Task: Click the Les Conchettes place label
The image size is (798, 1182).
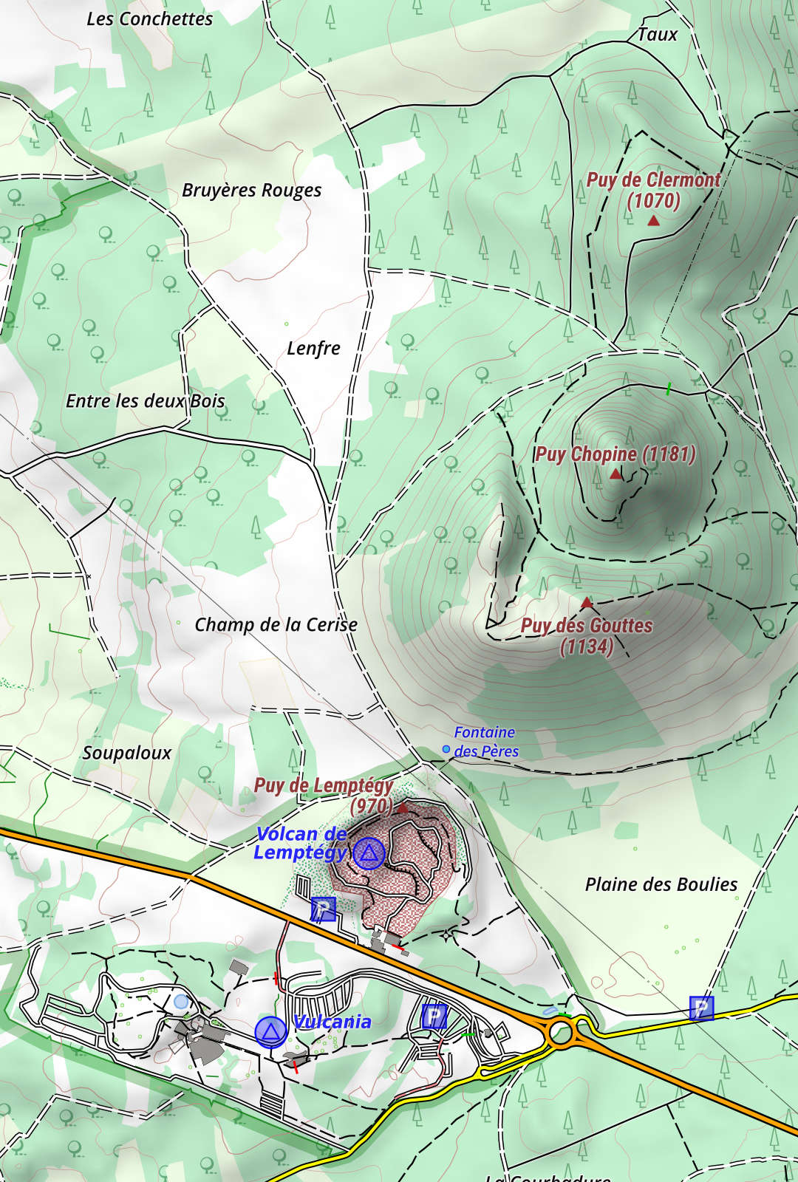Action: (149, 19)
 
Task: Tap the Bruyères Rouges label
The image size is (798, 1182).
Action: (251, 191)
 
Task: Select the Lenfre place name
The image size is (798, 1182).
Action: (313, 348)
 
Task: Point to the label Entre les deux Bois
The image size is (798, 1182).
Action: (145, 401)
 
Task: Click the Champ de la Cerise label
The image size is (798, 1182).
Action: (276, 625)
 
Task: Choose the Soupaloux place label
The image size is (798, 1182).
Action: (126, 754)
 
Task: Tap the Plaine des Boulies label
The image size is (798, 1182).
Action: (661, 884)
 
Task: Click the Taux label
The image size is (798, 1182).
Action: (657, 35)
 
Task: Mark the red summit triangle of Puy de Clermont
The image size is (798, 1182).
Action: (653, 221)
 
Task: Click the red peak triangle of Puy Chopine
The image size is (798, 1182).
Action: (615, 474)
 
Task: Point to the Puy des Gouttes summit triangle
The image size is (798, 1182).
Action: (587, 603)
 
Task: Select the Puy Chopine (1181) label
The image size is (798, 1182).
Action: (615, 454)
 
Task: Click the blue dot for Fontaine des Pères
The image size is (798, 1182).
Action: (446, 749)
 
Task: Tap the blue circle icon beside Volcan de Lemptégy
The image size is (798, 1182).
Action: (369, 853)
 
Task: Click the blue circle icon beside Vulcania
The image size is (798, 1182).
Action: (270, 1032)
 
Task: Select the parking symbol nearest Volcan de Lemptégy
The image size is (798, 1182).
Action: (323, 909)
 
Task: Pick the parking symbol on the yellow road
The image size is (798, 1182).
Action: (701, 1008)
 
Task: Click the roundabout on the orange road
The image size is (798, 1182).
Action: (562, 1034)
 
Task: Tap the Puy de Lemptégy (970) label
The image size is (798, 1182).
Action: (325, 794)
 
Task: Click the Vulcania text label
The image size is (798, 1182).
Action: (332, 1022)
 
